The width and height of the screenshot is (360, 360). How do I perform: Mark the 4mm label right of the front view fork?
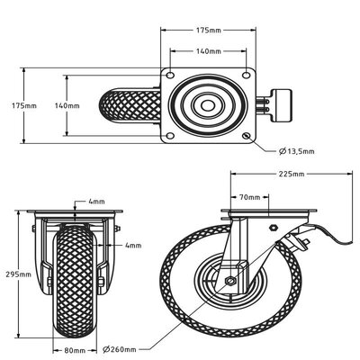point(132,244)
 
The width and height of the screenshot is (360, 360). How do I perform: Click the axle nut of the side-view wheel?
point(231,282)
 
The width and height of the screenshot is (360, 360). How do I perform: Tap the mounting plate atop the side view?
point(266,216)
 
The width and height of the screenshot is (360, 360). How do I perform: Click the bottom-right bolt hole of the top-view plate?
point(247,135)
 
